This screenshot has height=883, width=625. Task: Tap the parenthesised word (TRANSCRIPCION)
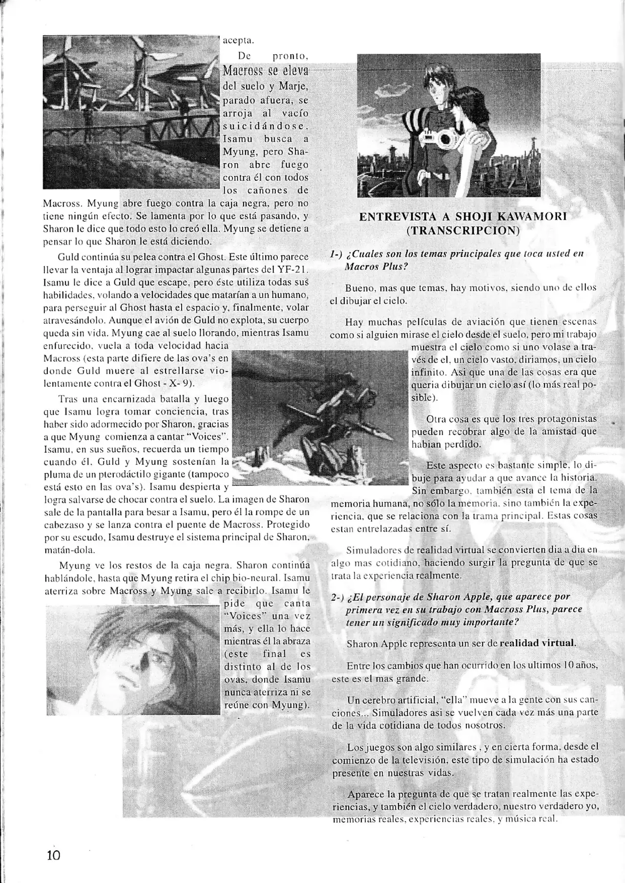click(x=462, y=231)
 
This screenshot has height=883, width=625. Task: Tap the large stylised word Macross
click(x=243, y=71)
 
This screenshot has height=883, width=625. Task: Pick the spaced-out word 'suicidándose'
click(x=266, y=126)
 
